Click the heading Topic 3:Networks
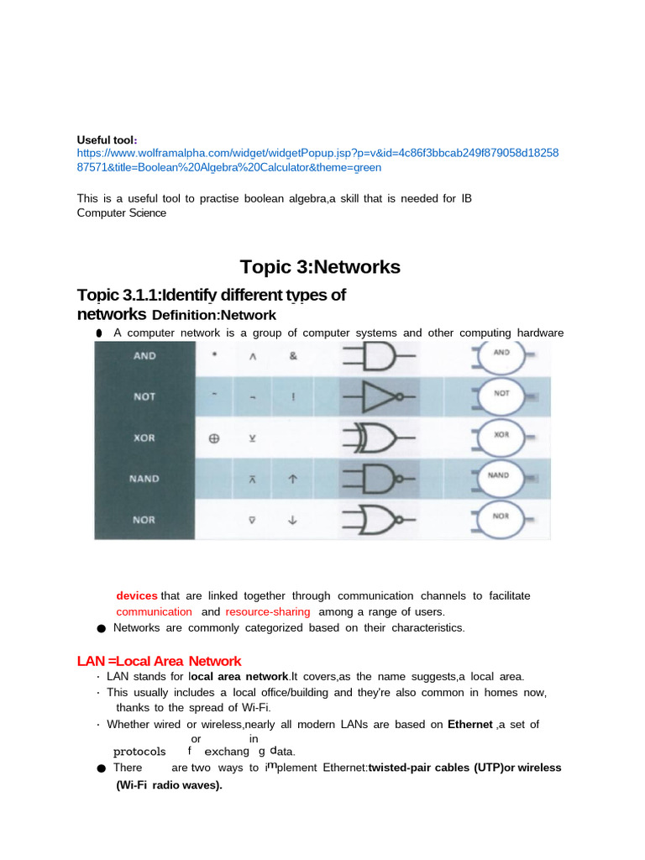(320, 267)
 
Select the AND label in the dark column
(144, 355)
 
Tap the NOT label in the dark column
(144, 396)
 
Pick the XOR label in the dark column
(144, 438)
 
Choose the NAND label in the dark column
(144, 479)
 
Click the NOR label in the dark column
(144, 520)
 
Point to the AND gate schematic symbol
(377, 356)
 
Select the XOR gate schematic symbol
(378, 438)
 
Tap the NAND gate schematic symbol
(378, 479)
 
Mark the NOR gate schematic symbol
(378, 519)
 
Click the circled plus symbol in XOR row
(215, 438)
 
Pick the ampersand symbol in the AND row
(292, 355)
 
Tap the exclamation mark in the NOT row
(292, 397)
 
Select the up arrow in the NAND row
(292, 479)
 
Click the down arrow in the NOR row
(292, 520)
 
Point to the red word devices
(137, 595)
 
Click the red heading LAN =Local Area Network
(160, 661)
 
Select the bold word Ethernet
(469, 724)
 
